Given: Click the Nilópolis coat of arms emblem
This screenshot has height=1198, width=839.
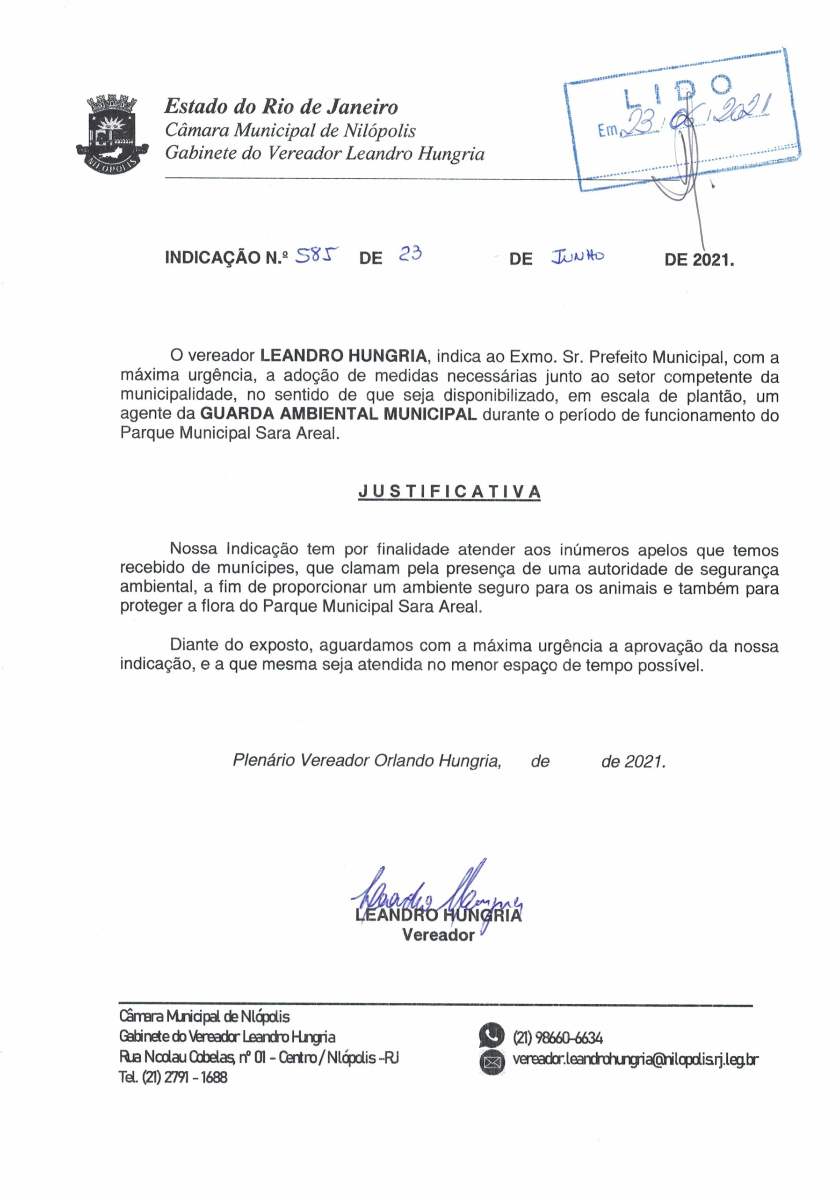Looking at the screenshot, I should pos(110,133).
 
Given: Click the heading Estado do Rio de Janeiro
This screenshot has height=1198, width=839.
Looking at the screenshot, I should pos(281,107).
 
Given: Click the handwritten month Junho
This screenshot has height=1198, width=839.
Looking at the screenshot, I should pos(578,256).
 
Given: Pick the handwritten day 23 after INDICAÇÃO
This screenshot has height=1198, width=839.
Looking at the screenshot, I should pos(410,255).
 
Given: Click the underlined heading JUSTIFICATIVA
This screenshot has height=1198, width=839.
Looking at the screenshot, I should pos(449,491).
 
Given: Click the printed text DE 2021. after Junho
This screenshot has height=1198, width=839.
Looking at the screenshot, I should pos(699,259).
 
